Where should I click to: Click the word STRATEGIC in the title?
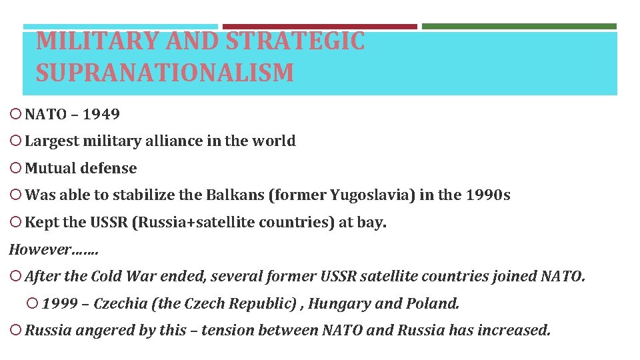[x=295, y=41]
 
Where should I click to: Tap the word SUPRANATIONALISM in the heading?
[x=165, y=73]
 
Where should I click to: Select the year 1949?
[x=101, y=114]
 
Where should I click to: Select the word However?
[x=39, y=249]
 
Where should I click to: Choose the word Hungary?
[x=339, y=304]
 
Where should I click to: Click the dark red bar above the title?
[x=319, y=27]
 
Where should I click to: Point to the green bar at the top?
[x=519, y=27]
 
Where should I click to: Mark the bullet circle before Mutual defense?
[x=16, y=169]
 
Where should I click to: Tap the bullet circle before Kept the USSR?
[x=16, y=223]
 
